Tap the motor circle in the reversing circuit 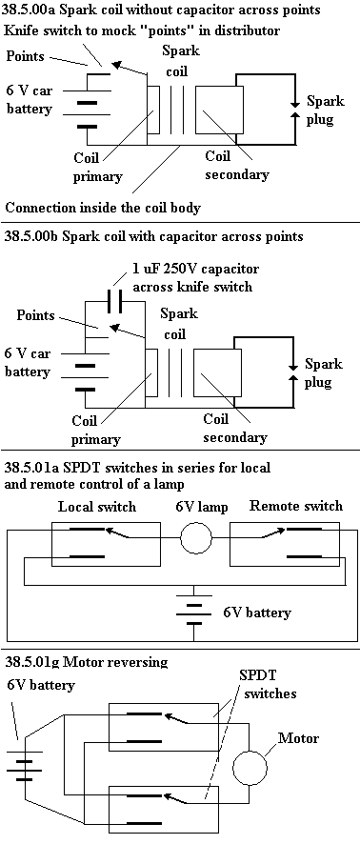[x=233, y=768]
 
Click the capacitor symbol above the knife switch [x=117, y=301]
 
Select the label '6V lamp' [x=202, y=507]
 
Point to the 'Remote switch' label [x=296, y=506]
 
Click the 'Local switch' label [x=97, y=507]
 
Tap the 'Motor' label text [x=298, y=737]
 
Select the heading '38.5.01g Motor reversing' [x=86, y=662]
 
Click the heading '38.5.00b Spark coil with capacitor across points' [x=154, y=236]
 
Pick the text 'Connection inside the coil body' [x=103, y=208]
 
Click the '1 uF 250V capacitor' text [x=195, y=269]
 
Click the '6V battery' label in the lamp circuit [x=257, y=613]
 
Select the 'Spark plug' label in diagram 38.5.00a [x=326, y=110]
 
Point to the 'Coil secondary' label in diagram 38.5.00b [x=235, y=428]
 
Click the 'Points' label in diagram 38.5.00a [x=25, y=56]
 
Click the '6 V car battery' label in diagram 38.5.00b [x=27, y=362]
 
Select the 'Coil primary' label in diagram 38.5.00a [x=97, y=167]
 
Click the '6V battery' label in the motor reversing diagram [x=41, y=685]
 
